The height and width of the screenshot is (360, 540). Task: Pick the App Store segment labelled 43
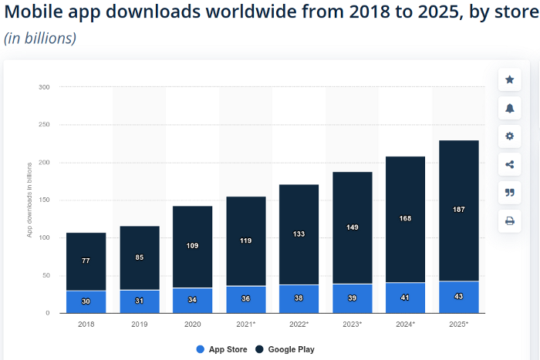pos(459,298)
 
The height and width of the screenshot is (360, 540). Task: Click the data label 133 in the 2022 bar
pos(299,234)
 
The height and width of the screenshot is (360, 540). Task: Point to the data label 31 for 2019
pos(140,301)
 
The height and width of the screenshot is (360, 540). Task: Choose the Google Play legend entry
pos(285,349)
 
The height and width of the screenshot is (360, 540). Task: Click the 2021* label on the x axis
pos(246,324)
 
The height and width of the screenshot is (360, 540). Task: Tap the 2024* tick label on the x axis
pos(406,324)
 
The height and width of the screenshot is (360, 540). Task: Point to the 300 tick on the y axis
pos(44,87)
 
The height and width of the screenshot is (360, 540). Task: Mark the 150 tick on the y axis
pos(44,200)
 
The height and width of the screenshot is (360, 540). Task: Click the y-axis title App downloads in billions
pos(29,199)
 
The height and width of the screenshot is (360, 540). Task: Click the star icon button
pos(509,79)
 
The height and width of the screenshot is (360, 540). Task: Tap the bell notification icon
pos(509,108)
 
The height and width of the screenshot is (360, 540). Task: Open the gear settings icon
pos(509,136)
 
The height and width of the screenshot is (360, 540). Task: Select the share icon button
pos(509,164)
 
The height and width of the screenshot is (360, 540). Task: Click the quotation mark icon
pos(509,192)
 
